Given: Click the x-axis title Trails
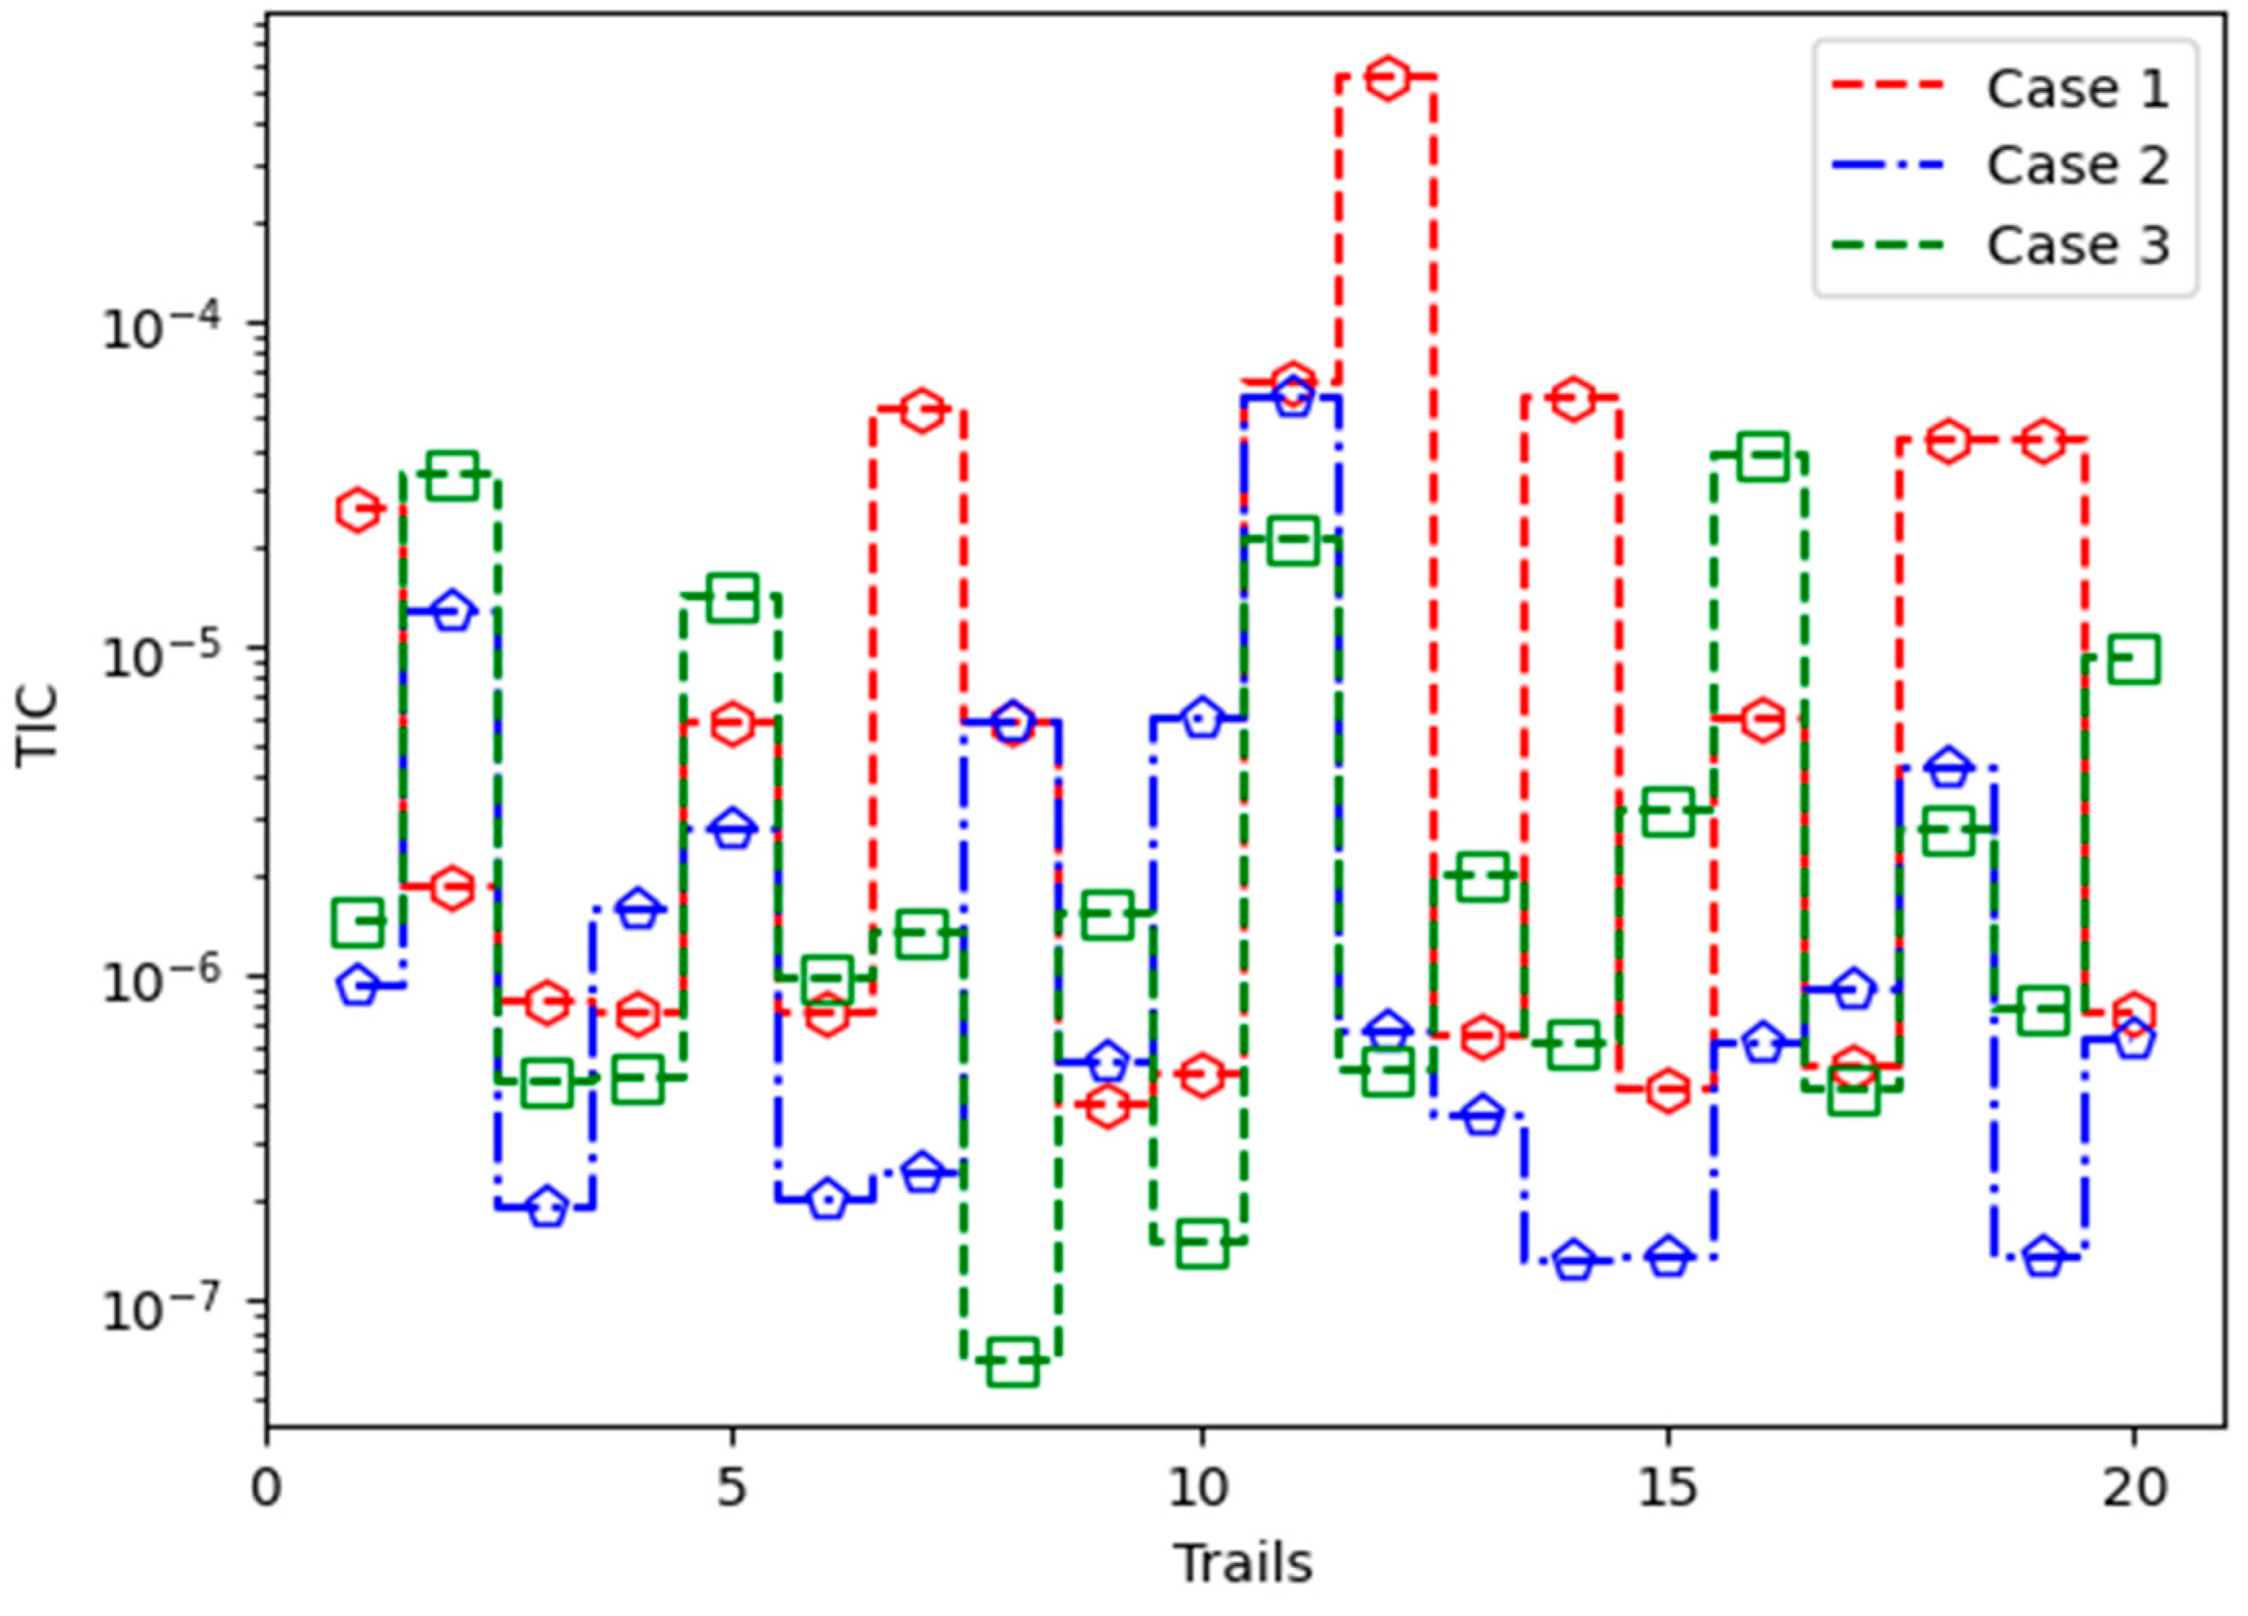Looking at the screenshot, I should click(x=1244, y=1564).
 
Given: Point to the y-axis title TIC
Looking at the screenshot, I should click(x=37, y=726).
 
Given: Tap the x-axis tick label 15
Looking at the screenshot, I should click(x=1668, y=1488).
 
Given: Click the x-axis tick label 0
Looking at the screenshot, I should click(x=266, y=1488).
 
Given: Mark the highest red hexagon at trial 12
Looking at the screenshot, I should click(x=1387, y=77).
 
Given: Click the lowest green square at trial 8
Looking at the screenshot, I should click(x=1013, y=1362).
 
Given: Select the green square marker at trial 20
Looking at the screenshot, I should click(x=2134, y=660).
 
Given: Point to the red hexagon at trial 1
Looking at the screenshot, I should click(x=358, y=510).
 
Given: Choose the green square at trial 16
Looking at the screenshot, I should click(x=1761, y=456).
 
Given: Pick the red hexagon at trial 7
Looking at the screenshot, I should click(x=922, y=409).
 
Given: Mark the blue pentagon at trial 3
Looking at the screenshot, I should click(x=547, y=1208).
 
